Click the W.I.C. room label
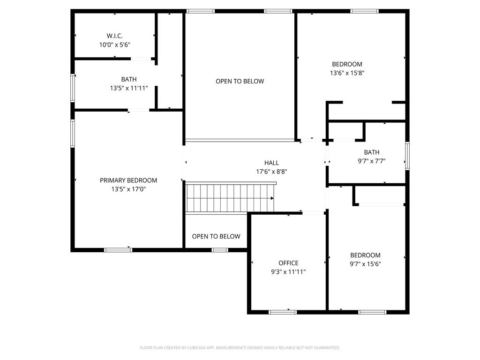point(115,36)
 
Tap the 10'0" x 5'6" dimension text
point(115,45)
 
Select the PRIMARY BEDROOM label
point(128,180)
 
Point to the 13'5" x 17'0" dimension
point(128,189)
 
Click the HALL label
point(271,163)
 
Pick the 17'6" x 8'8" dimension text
point(271,172)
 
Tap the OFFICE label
point(288,263)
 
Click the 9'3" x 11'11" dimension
point(288,272)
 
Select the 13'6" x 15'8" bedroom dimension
point(347,73)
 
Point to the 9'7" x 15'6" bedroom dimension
point(365,264)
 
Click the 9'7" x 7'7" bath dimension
point(372,161)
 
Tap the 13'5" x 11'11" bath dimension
point(129,89)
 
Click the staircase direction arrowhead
point(272,198)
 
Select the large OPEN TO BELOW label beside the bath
point(240,82)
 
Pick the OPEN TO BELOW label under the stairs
point(216,237)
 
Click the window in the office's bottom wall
point(283,312)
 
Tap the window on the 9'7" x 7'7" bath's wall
point(407,156)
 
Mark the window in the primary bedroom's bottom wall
point(118,250)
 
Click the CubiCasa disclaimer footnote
point(240,348)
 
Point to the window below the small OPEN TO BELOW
point(220,250)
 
